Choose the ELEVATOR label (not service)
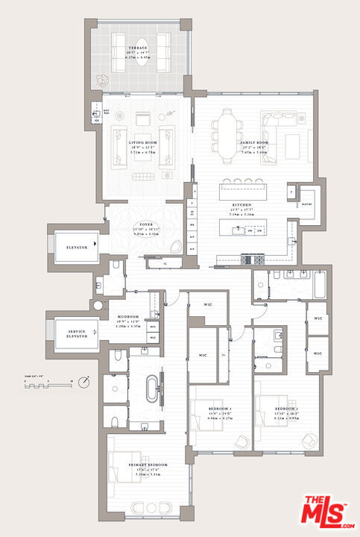click(x=75, y=247)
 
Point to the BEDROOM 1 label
click(x=218, y=409)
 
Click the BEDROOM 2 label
click(x=285, y=409)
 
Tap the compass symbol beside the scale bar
click(x=86, y=382)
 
